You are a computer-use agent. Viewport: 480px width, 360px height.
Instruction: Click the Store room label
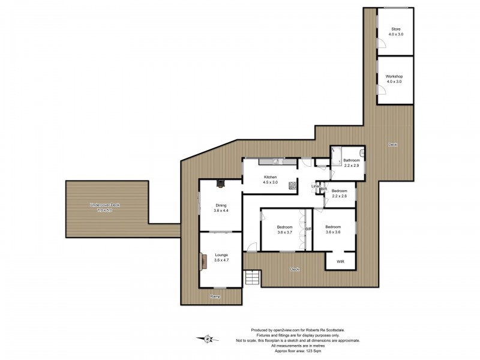395,31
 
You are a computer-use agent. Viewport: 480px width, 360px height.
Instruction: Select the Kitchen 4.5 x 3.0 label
270,180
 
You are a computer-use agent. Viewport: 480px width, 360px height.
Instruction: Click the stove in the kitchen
293,185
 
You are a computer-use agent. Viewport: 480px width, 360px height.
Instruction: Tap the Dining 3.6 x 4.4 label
221,208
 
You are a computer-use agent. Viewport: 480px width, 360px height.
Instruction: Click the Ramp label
215,297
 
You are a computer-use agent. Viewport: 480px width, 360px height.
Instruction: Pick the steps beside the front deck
252,278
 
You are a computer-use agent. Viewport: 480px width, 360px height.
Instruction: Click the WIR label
340,262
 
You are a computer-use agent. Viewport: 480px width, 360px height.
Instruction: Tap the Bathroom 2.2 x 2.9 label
351,163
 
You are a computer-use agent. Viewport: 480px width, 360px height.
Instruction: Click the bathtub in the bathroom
335,152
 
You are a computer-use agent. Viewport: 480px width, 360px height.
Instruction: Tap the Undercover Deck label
105,208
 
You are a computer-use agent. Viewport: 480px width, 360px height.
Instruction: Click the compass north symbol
208,339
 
